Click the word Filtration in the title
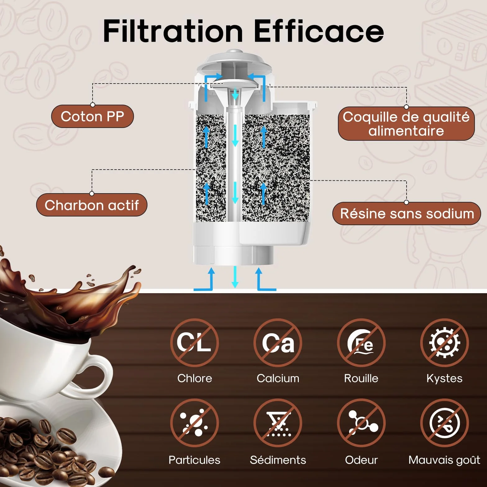point(173,31)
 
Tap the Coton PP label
point(92,116)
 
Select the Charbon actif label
point(92,205)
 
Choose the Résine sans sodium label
point(407,214)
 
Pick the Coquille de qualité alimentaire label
point(406,124)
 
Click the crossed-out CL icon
point(194,343)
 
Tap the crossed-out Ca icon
point(278,343)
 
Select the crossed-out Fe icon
point(361,343)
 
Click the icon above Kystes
point(444,343)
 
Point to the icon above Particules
point(194,423)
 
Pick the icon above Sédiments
point(278,423)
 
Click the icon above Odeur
point(361,423)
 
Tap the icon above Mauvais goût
point(444,423)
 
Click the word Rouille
point(361,378)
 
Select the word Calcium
point(278,378)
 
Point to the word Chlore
point(195,378)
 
